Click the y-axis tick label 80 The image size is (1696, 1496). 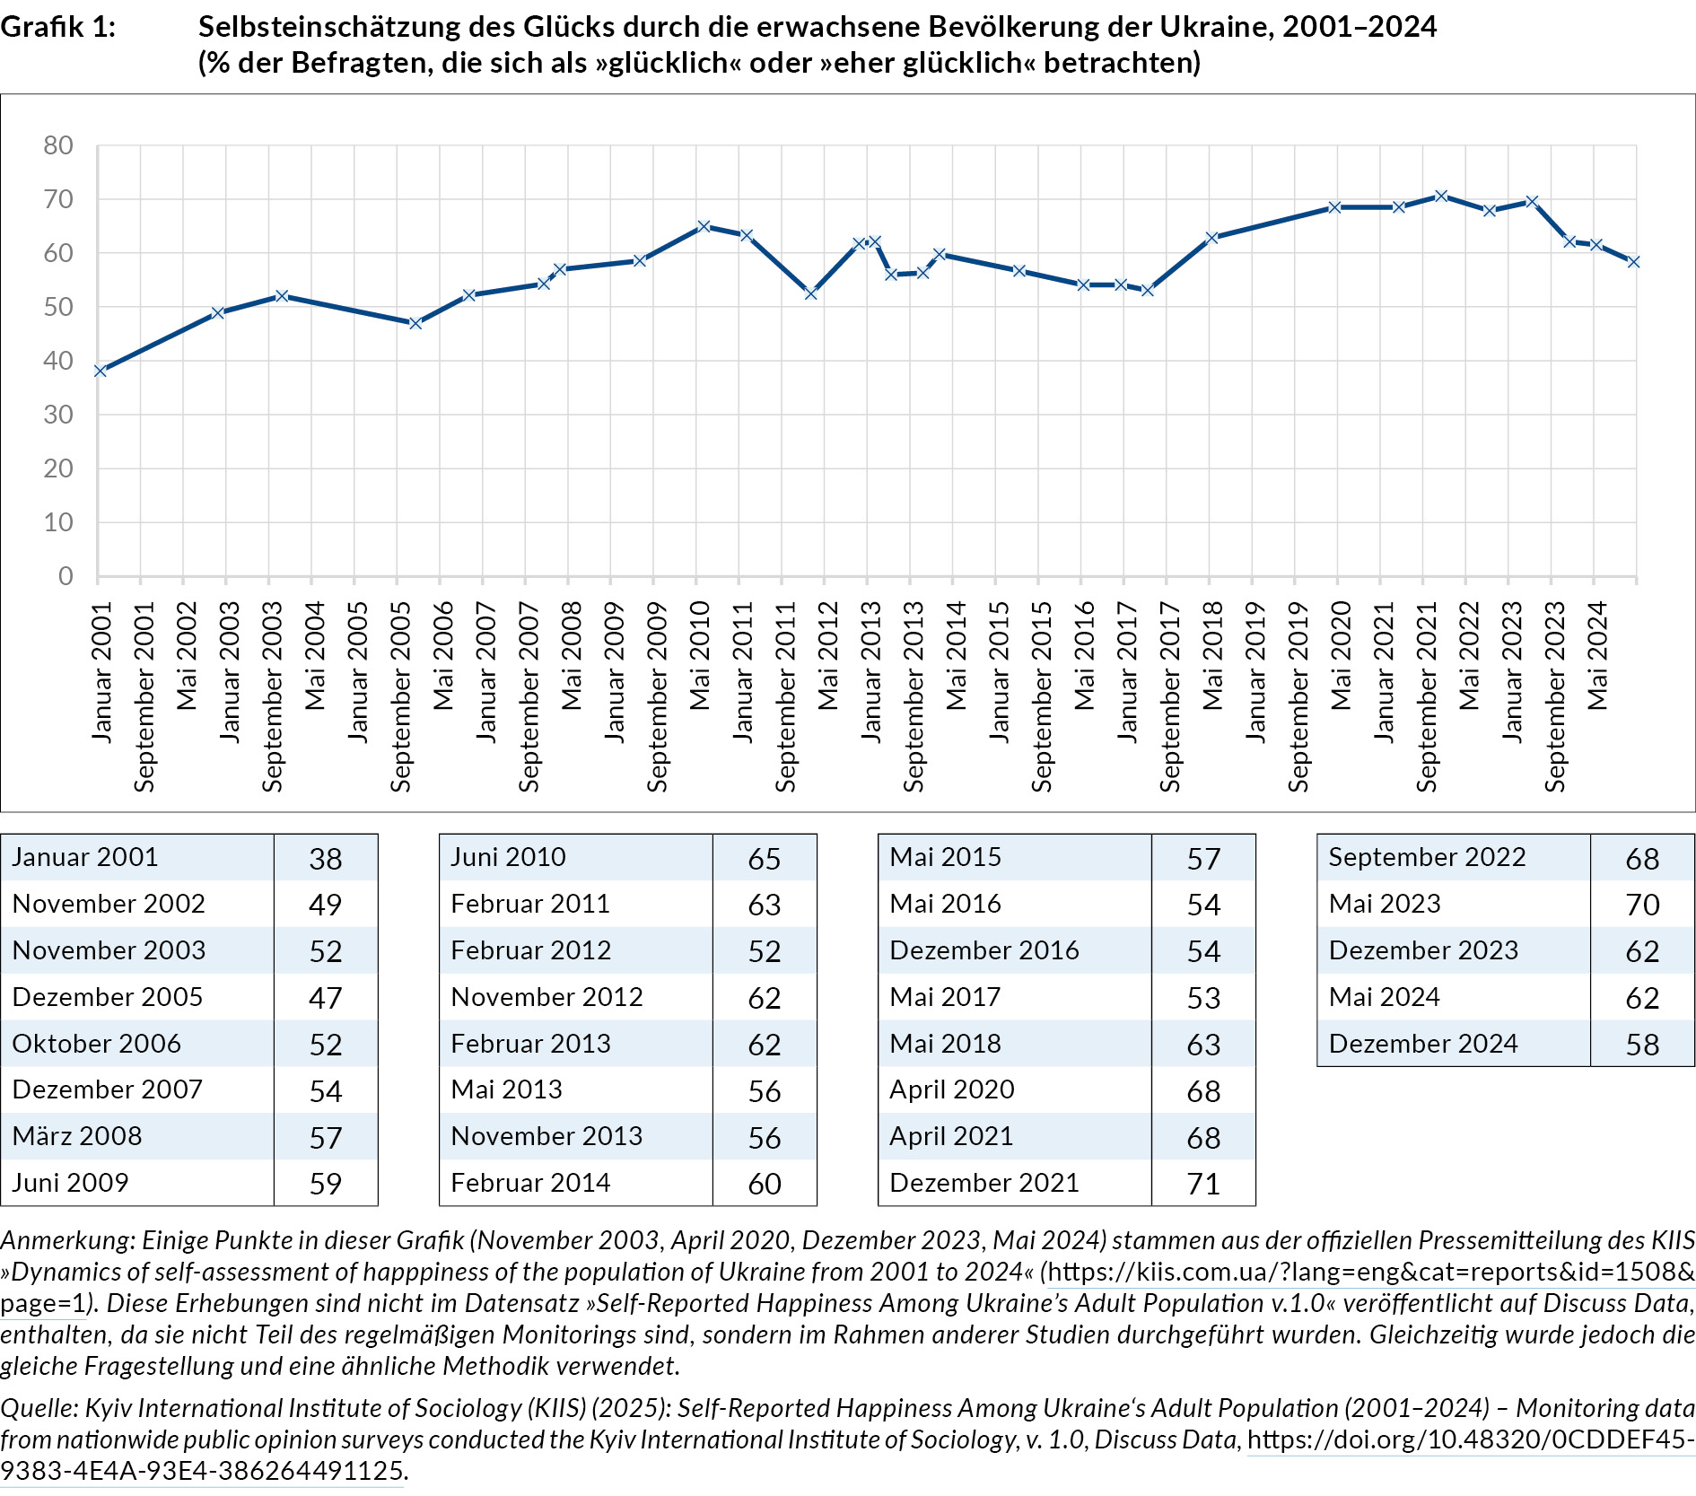point(58,145)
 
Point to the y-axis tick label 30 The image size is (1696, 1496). point(58,415)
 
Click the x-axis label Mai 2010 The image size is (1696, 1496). point(700,656)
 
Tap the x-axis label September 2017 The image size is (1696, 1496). point(1170,697)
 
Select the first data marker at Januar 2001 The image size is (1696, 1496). point(100,371)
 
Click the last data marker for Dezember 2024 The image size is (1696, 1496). point(1633,262)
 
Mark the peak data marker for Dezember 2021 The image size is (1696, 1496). point(1440,196)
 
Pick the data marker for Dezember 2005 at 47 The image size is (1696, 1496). point(415,323)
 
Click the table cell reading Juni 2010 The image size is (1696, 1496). point(508,857)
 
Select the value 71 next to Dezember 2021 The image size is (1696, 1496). point(1202,1184)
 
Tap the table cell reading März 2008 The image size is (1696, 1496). point(77,1136)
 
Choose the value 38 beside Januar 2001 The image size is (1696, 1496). point(325,859)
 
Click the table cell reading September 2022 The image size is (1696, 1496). point(1427,857)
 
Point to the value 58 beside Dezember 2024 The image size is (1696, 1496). point(1641,1045)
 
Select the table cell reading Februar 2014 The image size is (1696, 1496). point(530,1183)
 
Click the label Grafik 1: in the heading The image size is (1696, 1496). point(58,27)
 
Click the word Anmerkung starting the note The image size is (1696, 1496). point(66,1240)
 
